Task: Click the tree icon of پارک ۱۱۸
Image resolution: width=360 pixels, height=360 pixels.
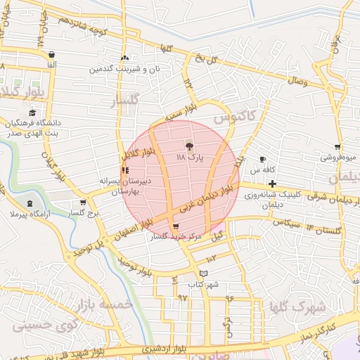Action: [188, 146]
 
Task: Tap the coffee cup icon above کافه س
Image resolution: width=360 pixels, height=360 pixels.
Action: [262, 160]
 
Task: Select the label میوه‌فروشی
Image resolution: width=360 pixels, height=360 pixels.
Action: [340, 157]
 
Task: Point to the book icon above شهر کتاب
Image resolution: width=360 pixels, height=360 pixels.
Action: [204, 274]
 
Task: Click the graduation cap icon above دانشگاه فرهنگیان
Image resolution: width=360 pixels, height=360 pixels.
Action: [32, 112]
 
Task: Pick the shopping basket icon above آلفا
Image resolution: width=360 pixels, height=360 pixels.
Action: [51, 55]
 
